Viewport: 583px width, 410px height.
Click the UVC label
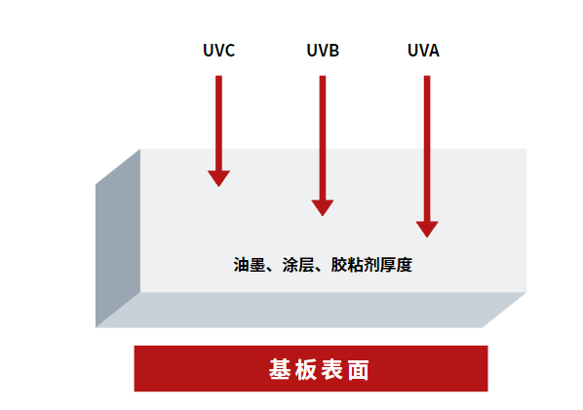219,50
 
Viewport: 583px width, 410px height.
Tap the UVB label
323,50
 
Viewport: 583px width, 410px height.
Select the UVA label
424,50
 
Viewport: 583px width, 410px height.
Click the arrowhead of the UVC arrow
219,177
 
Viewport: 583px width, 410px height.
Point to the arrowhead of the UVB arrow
323,206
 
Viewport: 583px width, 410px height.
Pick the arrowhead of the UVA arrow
427,229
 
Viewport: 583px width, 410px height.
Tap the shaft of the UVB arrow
323,136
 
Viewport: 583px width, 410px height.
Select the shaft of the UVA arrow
427,146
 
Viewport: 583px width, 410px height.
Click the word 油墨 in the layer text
251,264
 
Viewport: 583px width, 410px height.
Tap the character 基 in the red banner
280,370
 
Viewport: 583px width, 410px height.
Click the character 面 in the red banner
358,370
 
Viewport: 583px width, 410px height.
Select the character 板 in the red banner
306,370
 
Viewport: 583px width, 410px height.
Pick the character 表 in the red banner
331,370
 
